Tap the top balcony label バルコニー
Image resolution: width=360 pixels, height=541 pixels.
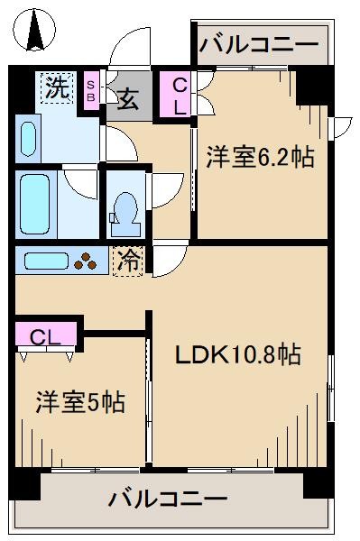pos(259,43)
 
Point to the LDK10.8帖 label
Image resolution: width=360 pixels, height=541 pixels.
pos(237,354)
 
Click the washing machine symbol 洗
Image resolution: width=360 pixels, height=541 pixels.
pos(58,88)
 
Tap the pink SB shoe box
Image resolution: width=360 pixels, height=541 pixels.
pos(92,90)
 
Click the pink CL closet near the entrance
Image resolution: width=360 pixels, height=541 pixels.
pos(179,96)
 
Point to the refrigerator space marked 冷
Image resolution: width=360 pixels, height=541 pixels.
pos(127,262)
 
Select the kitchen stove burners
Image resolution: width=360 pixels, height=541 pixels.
pos(87,262)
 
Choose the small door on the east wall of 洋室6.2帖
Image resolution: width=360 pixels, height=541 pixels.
pos(341,126)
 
